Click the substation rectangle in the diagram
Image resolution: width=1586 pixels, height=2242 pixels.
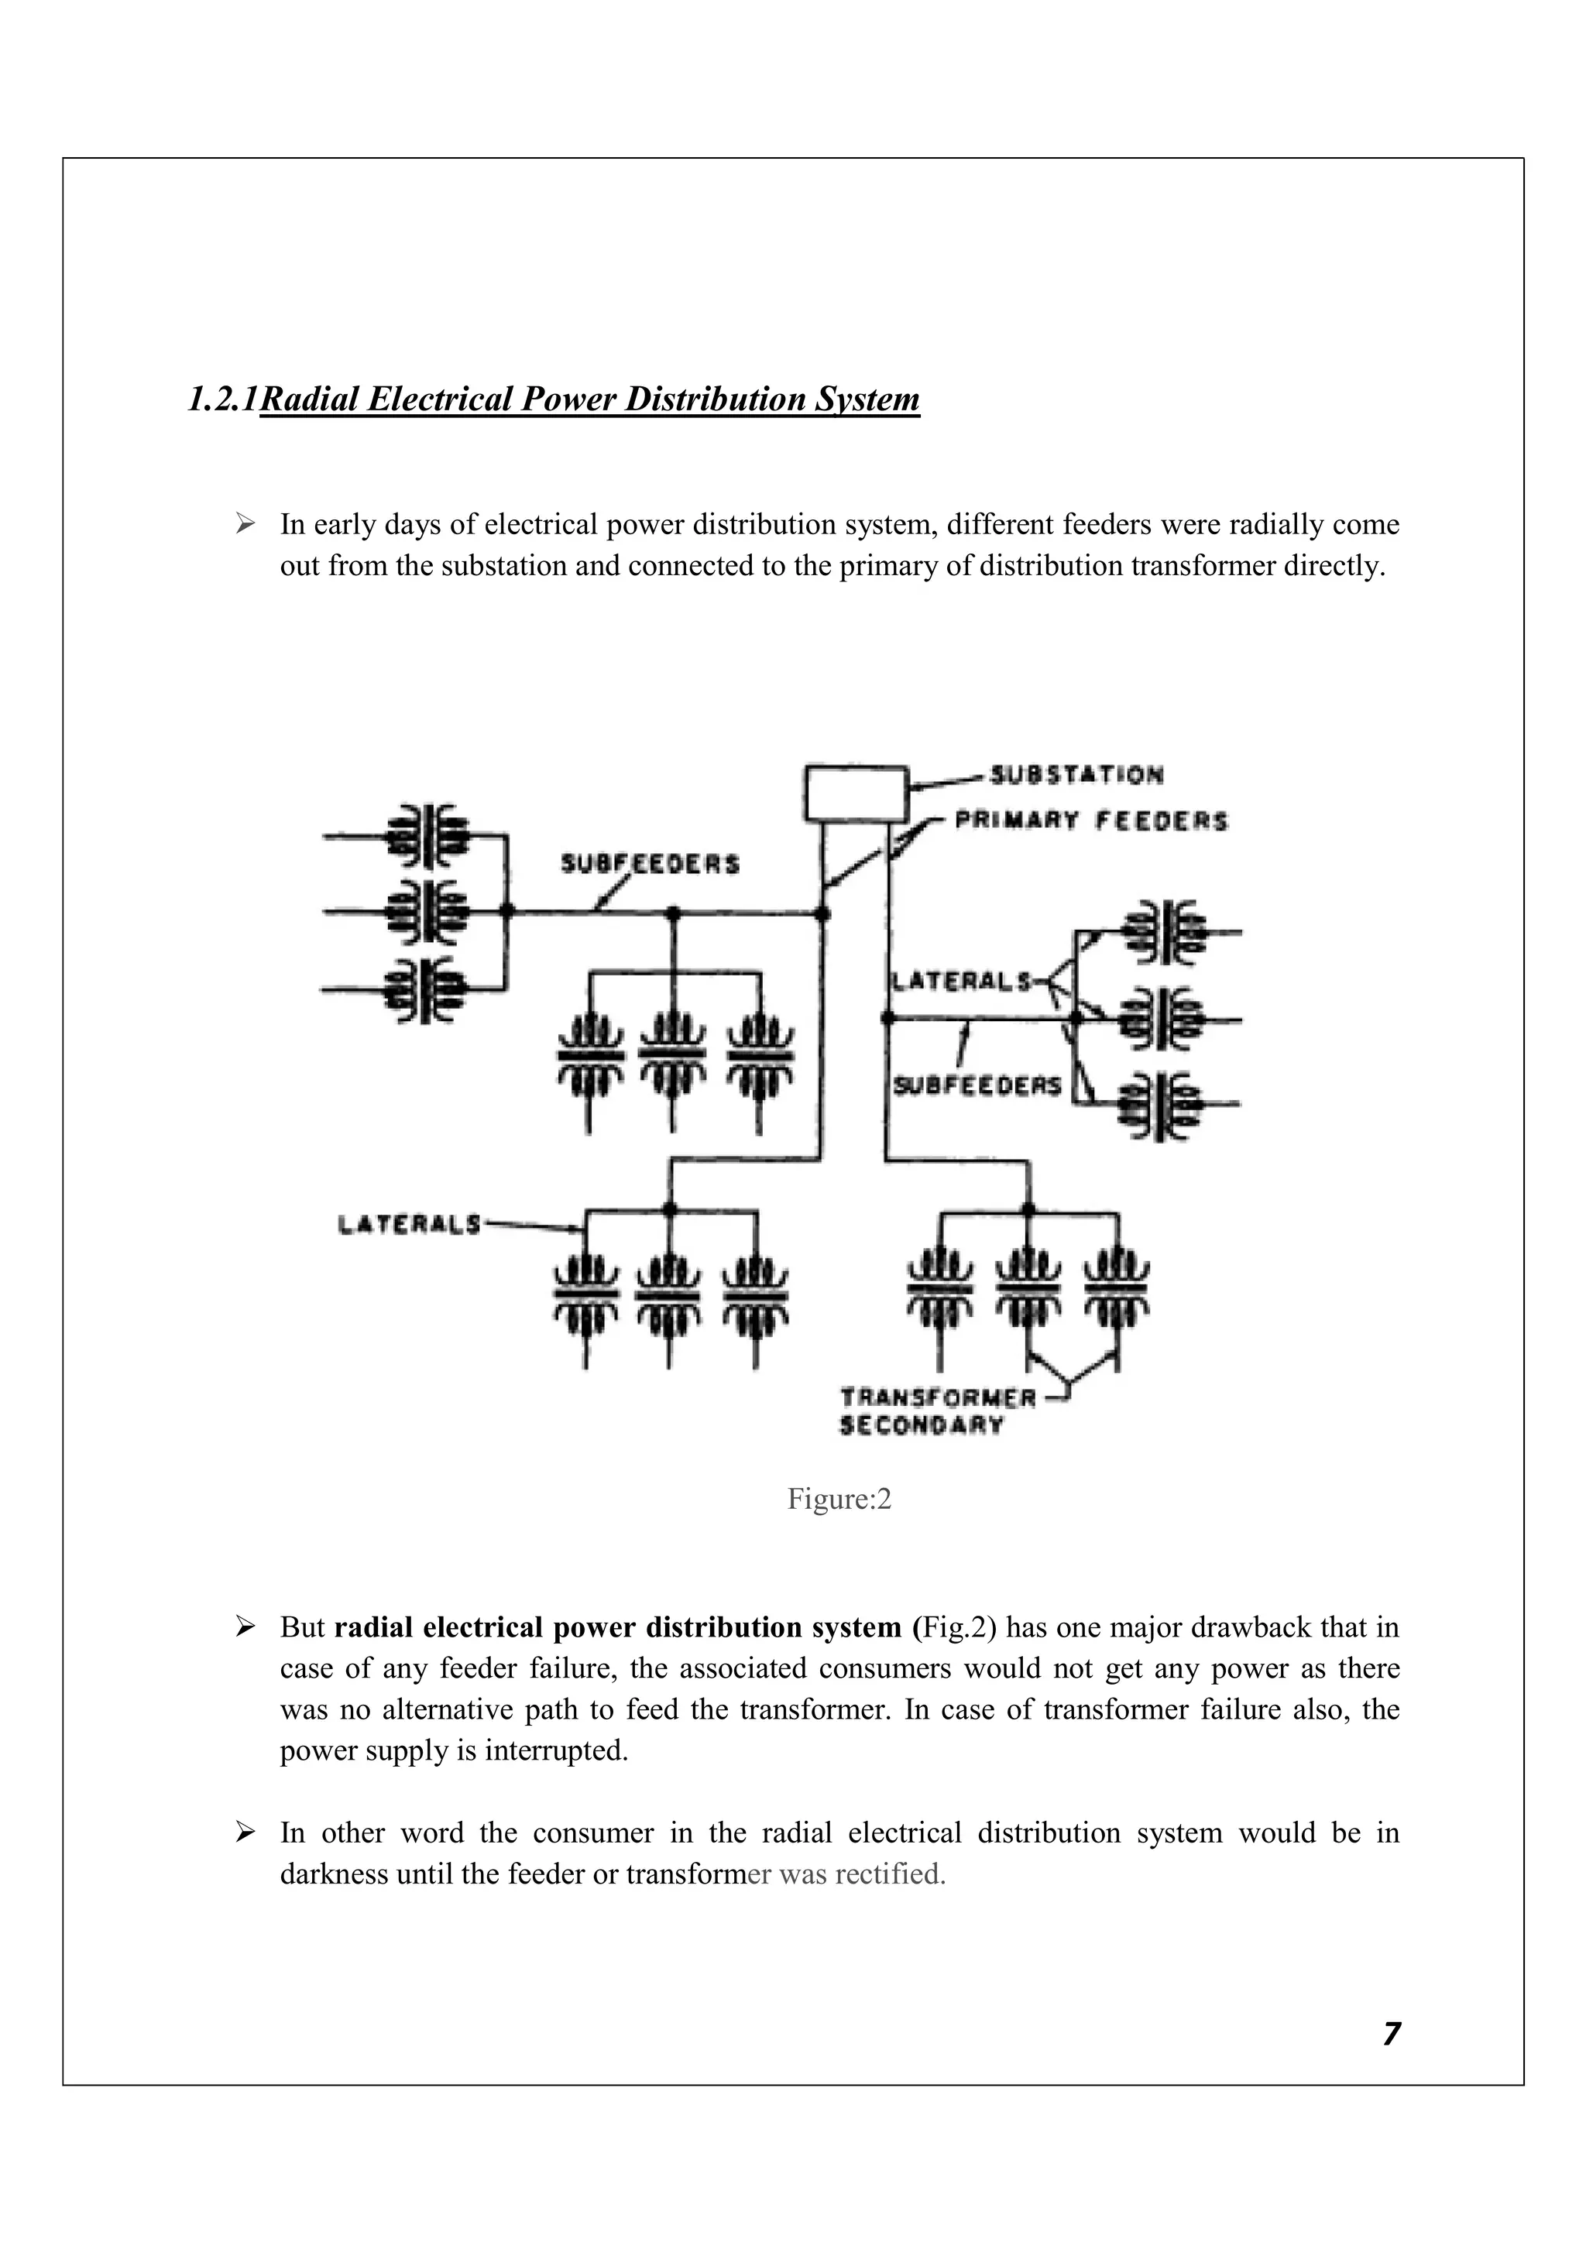coord(856,793)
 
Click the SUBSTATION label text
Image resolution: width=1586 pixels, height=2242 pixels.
coord(1076,775)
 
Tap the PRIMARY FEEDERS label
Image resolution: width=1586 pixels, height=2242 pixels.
coord(1090,821)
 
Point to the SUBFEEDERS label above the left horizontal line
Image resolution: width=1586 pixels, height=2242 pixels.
coord(650,864)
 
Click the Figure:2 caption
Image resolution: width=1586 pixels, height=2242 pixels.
coord(839,1499)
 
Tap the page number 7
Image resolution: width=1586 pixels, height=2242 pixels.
coord(1392,2034)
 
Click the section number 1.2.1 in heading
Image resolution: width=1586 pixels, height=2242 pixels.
coord(223,399)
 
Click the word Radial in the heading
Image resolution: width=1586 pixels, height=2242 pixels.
coord(311,399)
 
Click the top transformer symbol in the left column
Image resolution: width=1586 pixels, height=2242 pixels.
coord(427,835)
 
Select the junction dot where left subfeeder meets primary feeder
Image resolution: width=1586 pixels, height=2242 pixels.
coord(822,913)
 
